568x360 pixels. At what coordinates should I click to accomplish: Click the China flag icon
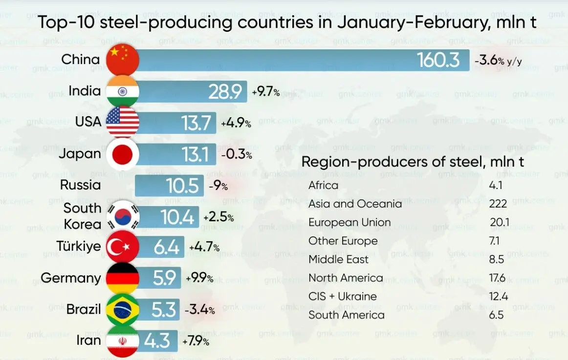pyautogui.click(x=123, y=60)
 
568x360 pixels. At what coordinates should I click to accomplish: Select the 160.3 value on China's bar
pyautogui.click(x=438, y=60)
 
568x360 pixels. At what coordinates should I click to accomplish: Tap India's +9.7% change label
pyautogui.click(x=265, y=91)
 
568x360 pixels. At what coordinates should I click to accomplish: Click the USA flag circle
pyautogui.click(x=123, y=122)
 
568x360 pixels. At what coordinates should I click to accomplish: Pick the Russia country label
pyautogui.click(x=81, y=185)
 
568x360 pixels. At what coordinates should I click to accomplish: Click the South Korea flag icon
pyautogui.click(x=123, y=216)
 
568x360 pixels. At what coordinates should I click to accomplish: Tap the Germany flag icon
pyautogui.click(x=123, y=278)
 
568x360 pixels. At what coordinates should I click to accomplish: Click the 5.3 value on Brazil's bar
pyautogui.click(x=164, y=310)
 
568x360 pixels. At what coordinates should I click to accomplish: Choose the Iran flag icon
pyautogui.click(x=123, y=341)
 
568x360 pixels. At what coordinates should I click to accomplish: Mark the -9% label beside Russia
pyautogui.click(x=218, y=186)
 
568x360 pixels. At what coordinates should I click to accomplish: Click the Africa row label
pyautogui.click(x=323, y=186)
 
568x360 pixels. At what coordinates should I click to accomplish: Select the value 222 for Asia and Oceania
pyautogui.click(x=498, y=204)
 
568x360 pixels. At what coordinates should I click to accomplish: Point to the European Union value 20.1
pyautogui.click(x=499, y=223)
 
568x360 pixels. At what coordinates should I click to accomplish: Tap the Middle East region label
pyautogui.click(x=338, y=259)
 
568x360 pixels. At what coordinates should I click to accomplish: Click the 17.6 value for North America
pyautogui.click(x=497, y=278)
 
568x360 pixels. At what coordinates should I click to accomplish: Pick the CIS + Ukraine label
pyautogui.click(x=342, y=296)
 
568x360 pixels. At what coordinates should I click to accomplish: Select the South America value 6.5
pyautogui.click(x=496, y=315)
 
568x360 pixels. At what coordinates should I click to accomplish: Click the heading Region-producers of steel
pyautogui.click(x=413, y=162)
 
